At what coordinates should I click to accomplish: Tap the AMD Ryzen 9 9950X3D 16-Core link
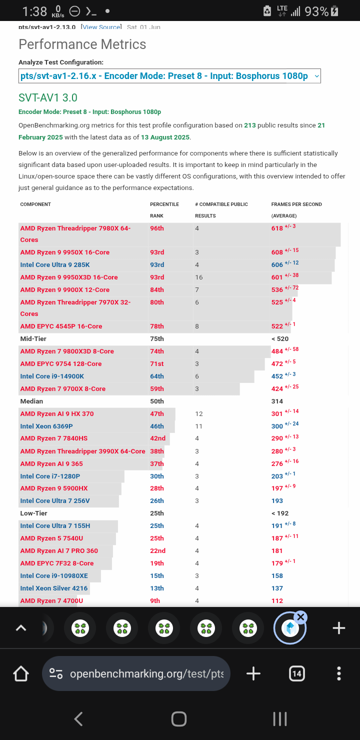69,277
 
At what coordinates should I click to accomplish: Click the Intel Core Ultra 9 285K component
55,265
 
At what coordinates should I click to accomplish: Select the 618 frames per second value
277,228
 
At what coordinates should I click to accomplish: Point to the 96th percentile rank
157,228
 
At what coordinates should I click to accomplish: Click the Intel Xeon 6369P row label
46,426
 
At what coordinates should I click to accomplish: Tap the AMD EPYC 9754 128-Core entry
61,364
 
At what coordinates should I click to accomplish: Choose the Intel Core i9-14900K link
52,376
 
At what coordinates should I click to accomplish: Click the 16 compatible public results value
199,277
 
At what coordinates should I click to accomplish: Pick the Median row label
31,401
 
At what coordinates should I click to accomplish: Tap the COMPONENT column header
35,204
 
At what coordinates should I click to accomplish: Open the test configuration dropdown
169,76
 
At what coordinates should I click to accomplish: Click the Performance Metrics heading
82,44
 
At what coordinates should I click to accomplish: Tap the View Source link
101,27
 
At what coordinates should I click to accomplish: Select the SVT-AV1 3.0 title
48,98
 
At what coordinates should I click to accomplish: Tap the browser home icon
21,673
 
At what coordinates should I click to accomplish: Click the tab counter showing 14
297,673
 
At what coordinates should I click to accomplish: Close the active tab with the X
300,617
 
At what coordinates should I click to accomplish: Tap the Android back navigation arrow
78,719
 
